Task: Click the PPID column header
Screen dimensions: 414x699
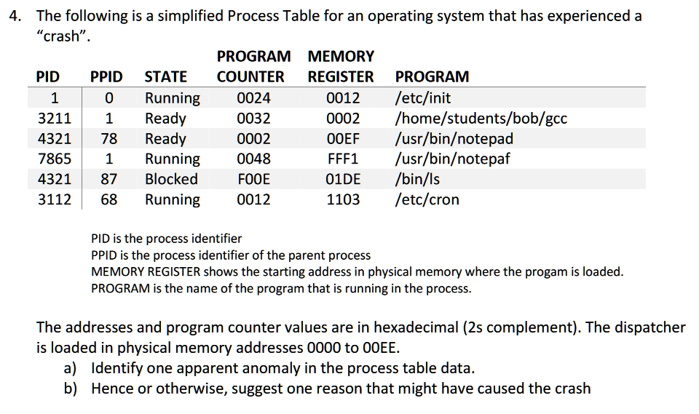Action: pyautogui.click(x=106, y=76)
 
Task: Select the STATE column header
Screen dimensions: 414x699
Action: pyautogui.click(x=166, y=76)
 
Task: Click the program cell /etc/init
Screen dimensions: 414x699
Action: pyautogui.click(x=422, y=97)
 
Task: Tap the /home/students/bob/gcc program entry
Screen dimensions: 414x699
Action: pyautogui.click(x=481, y=118)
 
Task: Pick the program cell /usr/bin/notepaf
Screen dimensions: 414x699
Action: pyautogui.click(x=453, y=159)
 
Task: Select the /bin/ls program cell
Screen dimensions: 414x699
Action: pyautogui.click(x=417, y=179)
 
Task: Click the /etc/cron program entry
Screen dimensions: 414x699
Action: pyautogui.click(x=427, y=199)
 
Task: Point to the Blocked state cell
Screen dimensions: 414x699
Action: pyautogui.click(x=171, y=179)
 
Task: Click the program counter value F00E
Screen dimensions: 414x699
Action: pyautogui.click(x=254, y=179)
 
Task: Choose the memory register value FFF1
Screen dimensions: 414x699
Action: pyautogui.click(x=343, y=159)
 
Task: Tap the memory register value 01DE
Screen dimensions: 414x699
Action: pyautogui.click(x=343, y=179)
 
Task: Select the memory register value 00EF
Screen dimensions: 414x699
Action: pyautogui.click(x=343, y=138)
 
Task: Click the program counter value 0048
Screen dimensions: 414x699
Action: pyautogui.click(x=254, y=159)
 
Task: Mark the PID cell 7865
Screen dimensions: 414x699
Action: pyautogui.click(x=55, y=159)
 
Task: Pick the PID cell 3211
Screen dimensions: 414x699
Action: pyautogui.click(x=55, y=118)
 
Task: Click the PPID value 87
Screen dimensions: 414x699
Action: pyautogui.click(x=108, y=179)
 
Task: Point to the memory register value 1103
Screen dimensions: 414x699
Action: pyautogui.click(x=343, y=199)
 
